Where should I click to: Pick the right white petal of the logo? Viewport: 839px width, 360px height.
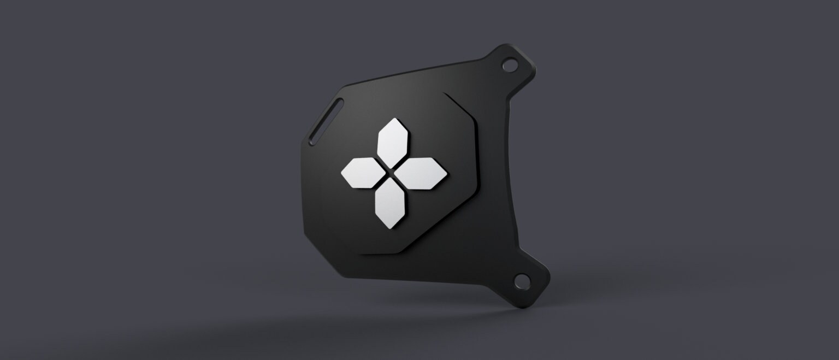pyautogui.click(x=422, y=173)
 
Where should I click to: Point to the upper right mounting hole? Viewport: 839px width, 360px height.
pyautogui.click(x=509, y=65)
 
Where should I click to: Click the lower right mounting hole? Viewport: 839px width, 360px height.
pyautogui.click(x=522, y=282)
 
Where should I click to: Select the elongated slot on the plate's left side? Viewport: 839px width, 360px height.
pyautogui.click(x=326, y=119)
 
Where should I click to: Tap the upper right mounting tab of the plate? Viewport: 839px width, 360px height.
pyautogui.click(x=513, y=68)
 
